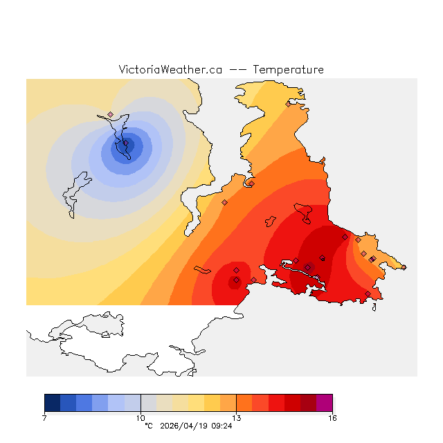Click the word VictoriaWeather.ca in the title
click(170, 70)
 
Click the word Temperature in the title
click(288, 70)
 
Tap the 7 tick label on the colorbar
click(44, 418)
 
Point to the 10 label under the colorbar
click(141, 418)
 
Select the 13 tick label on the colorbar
click(236, 418)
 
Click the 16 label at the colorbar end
click(332, 418)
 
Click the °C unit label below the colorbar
click(148, 426)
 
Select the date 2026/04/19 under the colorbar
click(182, 426)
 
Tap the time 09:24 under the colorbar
click(221, 426)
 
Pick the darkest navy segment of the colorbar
click(52, 403)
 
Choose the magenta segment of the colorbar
click(324, 403)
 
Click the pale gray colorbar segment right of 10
click(148, 403)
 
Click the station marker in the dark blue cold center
click(126, 144)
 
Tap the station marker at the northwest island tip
click(110, 115)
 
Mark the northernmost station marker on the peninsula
click(288, 105)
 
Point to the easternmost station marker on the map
click(374, 258)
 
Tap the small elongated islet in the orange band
click(202, 269)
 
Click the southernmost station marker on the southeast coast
click(368, 293)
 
